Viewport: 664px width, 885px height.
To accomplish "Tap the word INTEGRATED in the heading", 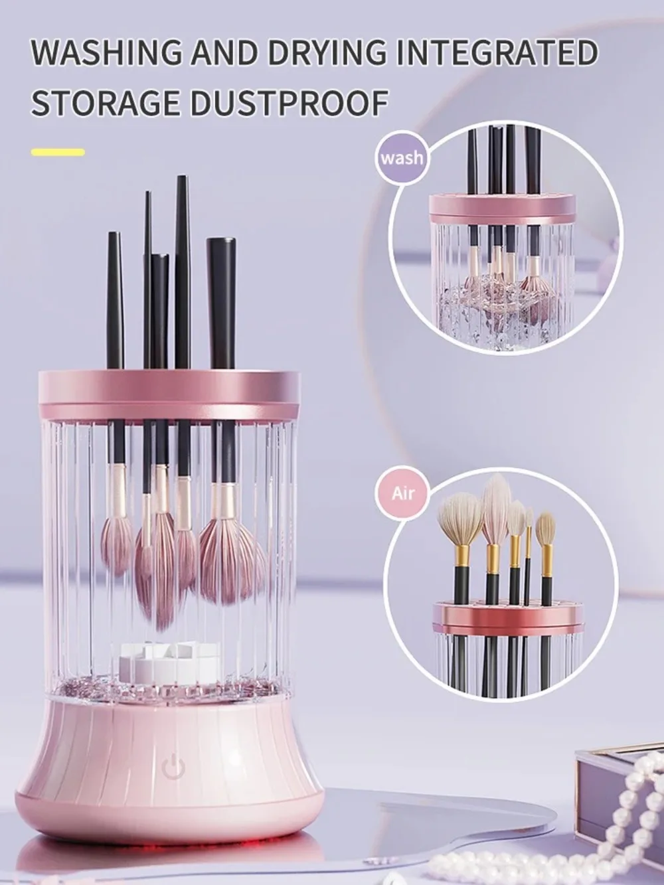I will click(497, 53).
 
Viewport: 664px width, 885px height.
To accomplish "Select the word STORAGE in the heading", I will click(106, 104).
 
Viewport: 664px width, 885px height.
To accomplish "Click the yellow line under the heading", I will click(58, 153).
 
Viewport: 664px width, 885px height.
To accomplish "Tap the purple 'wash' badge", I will click(401, 157).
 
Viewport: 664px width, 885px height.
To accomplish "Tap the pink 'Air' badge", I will click(402, 493).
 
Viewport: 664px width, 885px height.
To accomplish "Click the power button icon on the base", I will click(171, 766).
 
